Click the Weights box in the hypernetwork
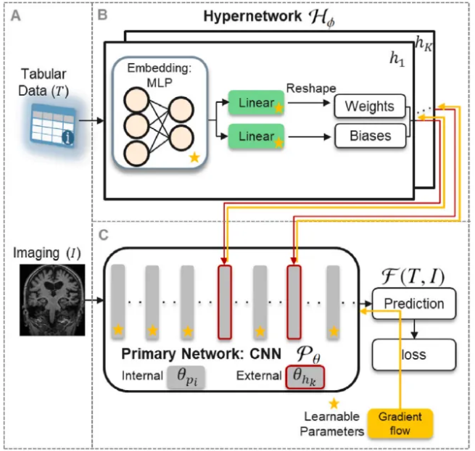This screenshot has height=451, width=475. (x=370, y=107)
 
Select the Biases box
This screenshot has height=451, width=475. (x=370, y=136)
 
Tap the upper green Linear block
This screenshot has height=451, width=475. (x=256, y=103)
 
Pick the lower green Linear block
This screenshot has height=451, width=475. (x=256, y=136)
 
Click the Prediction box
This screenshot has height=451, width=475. (x=413, y=304)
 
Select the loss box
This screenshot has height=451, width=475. (x=413, y=355)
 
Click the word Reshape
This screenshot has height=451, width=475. (x=310, y=88)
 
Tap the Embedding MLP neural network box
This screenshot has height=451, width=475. (x=160, y=112)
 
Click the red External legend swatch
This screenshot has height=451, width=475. (x=305, y=377)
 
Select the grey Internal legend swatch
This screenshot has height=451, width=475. (x=186, y=377)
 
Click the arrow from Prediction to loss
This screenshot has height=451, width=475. (x=413, y=330)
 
